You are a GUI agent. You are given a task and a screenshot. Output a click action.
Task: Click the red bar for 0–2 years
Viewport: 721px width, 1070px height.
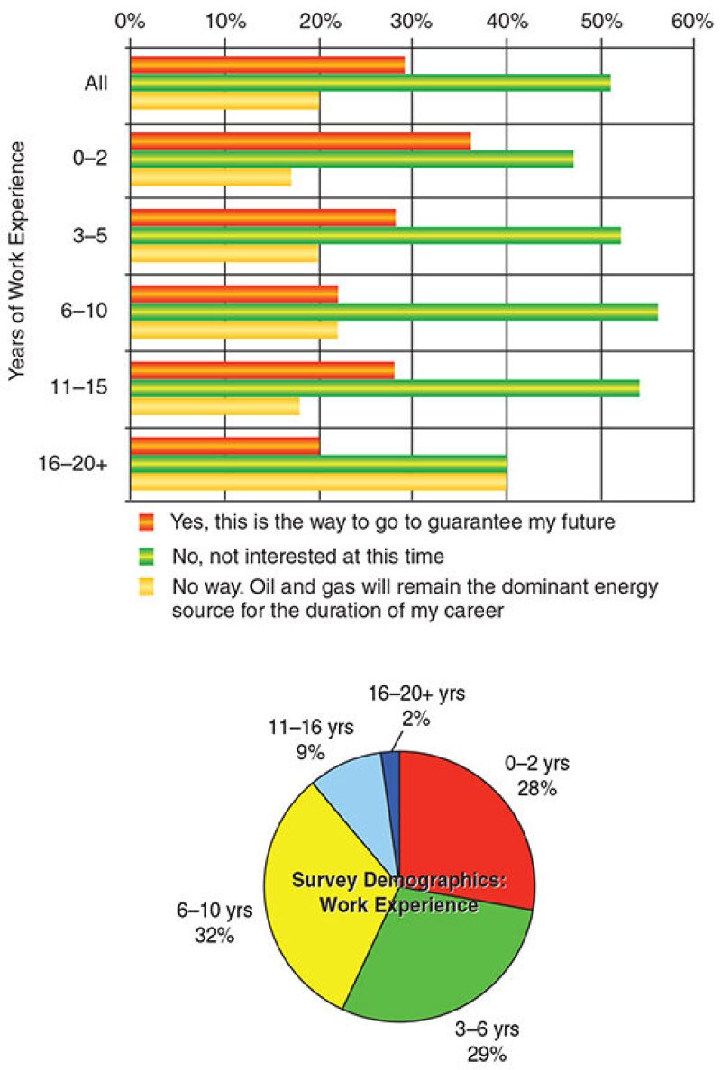300,141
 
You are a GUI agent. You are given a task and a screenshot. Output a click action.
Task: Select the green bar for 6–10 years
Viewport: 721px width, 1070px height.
394,312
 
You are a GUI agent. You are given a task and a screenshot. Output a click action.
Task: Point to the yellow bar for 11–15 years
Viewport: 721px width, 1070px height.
214,407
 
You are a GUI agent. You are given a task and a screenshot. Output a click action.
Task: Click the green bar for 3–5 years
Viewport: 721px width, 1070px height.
375,236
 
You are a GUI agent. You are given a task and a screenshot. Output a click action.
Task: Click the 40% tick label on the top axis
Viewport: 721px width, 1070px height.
507,19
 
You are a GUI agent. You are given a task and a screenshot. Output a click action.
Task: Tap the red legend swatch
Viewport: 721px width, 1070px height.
147,522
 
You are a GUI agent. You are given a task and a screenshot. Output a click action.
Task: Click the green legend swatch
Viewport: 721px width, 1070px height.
147,555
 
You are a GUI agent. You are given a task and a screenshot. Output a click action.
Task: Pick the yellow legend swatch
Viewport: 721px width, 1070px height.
147,588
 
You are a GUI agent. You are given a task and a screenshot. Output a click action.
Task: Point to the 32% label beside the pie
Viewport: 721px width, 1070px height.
214,935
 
